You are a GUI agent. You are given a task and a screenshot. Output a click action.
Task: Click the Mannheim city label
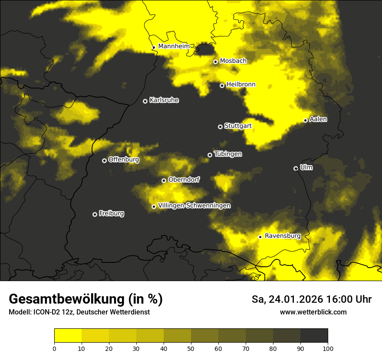[x=174, y=46]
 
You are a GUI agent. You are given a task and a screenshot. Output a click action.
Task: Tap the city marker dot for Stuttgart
[x=220, y=127]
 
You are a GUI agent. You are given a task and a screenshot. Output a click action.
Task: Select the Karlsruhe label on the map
[x=164, y=100]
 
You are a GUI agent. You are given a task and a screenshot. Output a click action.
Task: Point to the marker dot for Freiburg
[x=95, y=214]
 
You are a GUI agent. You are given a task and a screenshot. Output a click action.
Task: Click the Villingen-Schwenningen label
[x=194, y=206]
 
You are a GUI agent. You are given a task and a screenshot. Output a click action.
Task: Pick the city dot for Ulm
[x=296, y=168]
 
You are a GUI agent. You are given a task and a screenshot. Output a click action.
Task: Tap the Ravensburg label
[x=282, y=236]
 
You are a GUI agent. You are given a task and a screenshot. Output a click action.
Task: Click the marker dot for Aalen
[x=305, y=120]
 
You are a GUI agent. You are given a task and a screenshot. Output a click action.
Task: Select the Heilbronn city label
[x=241, y=85]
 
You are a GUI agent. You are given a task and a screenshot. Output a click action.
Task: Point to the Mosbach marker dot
[x=215, y=62]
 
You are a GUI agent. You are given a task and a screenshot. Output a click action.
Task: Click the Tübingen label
[x=227, y=154]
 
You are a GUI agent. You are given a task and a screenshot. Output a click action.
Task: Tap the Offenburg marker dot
[x=104, y=160]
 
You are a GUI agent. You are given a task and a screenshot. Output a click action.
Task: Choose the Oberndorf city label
[x=184, y=180]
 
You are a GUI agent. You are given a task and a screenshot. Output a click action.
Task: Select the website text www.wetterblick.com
[x=313, y=312]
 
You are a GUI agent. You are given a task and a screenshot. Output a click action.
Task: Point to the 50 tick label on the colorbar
[x=191, y=348]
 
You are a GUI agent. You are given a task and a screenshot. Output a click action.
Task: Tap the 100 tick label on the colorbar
[x=328, y=348]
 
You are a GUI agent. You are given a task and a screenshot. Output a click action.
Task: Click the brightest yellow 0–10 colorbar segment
[x=68, y=335]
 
